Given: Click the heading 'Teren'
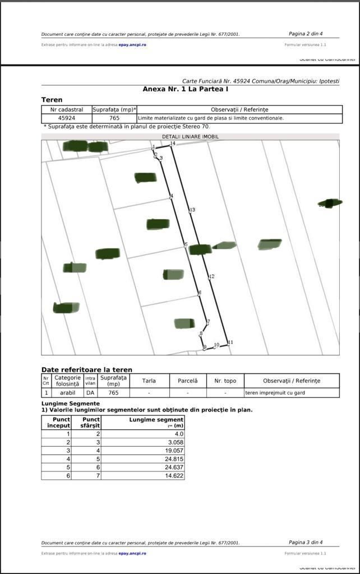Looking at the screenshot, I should click(52, 100).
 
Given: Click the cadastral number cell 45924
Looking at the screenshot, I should click(67, 118).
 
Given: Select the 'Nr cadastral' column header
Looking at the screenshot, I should click(67, 109).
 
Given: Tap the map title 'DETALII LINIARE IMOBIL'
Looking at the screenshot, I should click(190, 137).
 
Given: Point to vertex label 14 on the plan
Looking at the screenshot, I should click(173, 143).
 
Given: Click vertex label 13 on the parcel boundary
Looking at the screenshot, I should click(192, 210).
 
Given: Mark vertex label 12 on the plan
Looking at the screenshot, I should click(211, 276).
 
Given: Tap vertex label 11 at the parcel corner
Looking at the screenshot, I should click(230, 342).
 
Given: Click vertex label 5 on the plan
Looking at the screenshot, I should click(186, 244).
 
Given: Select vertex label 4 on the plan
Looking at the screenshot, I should click(172, 196).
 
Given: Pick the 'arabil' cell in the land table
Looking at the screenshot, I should click(68, 393).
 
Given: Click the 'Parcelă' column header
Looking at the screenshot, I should click(188, 381).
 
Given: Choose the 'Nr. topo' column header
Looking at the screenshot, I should click(225, 381).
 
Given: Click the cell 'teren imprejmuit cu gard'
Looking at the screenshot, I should click(275, 393).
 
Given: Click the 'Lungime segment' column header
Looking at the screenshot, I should click(156, 419).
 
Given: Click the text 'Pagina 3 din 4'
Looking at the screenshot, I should click(306, 542).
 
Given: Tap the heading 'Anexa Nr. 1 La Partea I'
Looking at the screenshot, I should click(186, 89).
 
